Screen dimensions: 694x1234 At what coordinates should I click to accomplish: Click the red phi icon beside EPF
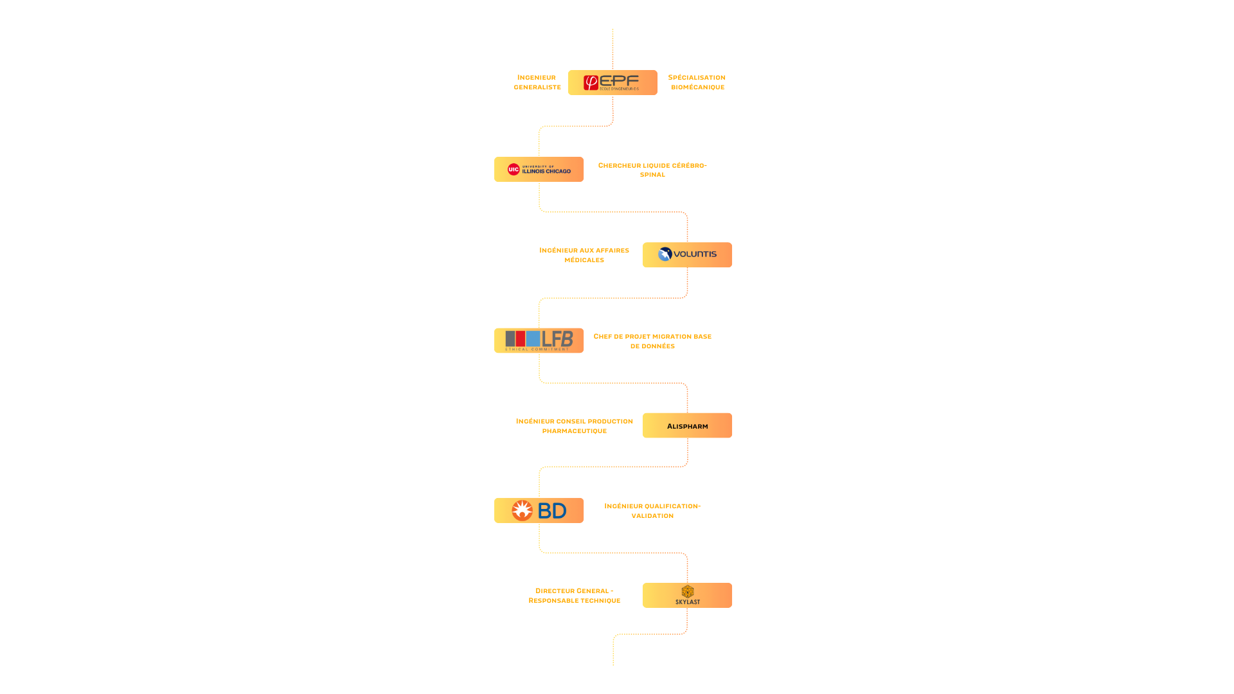click(x=591, y=83)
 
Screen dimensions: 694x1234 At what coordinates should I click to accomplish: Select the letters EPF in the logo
click(x=620, y=80)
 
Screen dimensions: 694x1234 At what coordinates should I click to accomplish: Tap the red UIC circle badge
click(x=514, y=170)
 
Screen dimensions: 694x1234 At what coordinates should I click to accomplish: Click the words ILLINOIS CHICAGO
click(x=546, y=172)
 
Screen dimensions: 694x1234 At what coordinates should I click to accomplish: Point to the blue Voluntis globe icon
click(x=665, y=254)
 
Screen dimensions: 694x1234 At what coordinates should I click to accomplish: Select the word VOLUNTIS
click(x=695, y=254)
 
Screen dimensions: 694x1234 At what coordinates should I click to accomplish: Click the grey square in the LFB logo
click(x=510, y=339)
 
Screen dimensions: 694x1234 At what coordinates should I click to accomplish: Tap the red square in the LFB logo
click(x=521, y=339)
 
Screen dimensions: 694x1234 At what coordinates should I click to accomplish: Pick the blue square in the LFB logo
click(x=533, y=339)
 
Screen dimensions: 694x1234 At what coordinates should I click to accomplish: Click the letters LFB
click(x=557, y=339)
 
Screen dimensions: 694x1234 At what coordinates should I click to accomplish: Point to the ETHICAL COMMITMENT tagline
click(x=537, y=350)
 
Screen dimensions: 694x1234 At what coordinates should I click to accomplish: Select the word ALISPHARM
click(x=687, y=427)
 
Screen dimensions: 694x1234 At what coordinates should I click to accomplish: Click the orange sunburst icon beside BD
click(x=523, y=511)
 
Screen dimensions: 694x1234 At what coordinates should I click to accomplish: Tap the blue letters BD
click(x=552, y=512)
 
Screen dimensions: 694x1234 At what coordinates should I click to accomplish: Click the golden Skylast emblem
click(x=688, y=591)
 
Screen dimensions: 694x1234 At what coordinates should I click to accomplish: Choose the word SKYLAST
click(x=688, y=602)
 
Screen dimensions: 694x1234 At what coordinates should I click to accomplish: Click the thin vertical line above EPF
click(x=613, y=48)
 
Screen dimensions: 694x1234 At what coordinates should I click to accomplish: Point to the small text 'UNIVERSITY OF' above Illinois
click(x=538, y=166)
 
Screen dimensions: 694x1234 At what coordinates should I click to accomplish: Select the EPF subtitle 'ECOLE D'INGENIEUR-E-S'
click(x=619, y=89)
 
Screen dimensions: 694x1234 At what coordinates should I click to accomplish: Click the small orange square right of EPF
click(x=663, y=82)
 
